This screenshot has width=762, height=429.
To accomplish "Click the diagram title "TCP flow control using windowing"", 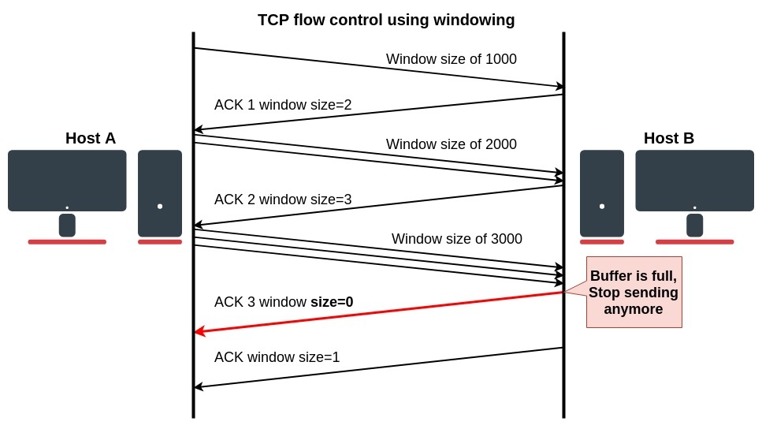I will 386,21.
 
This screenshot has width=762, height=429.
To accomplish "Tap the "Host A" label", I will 91,139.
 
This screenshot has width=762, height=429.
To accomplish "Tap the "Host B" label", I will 669,139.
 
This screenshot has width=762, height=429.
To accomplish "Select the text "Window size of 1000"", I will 451,59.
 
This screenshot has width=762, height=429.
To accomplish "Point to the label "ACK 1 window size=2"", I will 283,105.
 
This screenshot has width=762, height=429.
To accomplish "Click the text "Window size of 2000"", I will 451,144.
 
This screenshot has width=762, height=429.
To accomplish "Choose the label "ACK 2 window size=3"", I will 283,200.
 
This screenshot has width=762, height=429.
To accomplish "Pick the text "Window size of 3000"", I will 456,238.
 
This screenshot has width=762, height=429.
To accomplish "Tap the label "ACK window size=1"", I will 277,356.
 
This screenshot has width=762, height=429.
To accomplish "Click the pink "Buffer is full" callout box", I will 634,292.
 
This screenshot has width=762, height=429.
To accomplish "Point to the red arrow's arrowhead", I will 200,332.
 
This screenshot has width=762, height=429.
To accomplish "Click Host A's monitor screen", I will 67,180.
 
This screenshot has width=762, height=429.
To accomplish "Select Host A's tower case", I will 160,193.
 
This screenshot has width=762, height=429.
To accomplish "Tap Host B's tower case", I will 602,193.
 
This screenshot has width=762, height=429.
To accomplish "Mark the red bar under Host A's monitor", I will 67,242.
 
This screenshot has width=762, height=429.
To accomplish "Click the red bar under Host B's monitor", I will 694,242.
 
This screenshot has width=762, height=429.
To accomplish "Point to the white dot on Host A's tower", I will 160,207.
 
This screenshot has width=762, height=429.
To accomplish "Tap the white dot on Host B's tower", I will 602,207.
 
